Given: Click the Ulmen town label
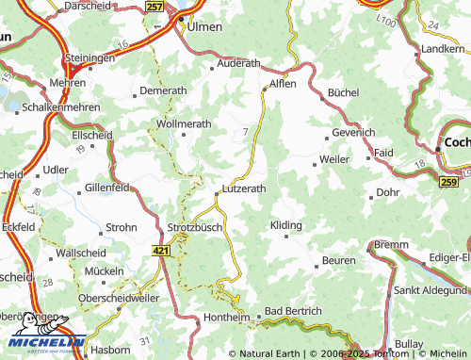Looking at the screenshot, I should pyautogui.click(x=205, y=27).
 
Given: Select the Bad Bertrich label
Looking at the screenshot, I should pyautogui.click(x=293, y=310).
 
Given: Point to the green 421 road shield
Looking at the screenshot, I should pyautogui.click(x=162, y=252).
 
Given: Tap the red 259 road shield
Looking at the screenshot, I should pyautogui.click(x=448, y=181).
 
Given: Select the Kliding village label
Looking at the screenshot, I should pyautogui.click(x=286, y=226).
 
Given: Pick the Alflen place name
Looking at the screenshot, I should pyautogui.click(x=283, y=83).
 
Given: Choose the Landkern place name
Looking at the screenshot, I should pyautogui.click(x=444, y=48).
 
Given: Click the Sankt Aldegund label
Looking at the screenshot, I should pyautogui.click(x=431, y=291).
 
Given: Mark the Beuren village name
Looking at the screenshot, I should pyautogui.click(x=339, y=259).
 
